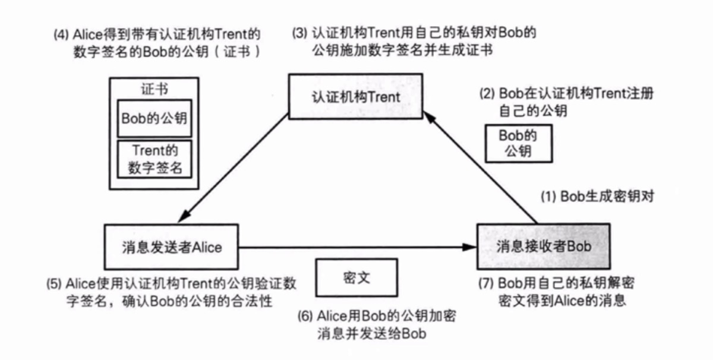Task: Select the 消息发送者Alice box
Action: (x=172, y=247)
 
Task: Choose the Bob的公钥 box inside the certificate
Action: (x=154, y=116)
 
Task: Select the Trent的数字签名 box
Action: (x=154, y=159)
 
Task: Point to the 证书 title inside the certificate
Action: (x=154, y=89)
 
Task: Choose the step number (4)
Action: (x=60, y=33)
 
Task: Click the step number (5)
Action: (x=55, y=282)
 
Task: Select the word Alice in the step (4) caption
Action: (x=88, y=33)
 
